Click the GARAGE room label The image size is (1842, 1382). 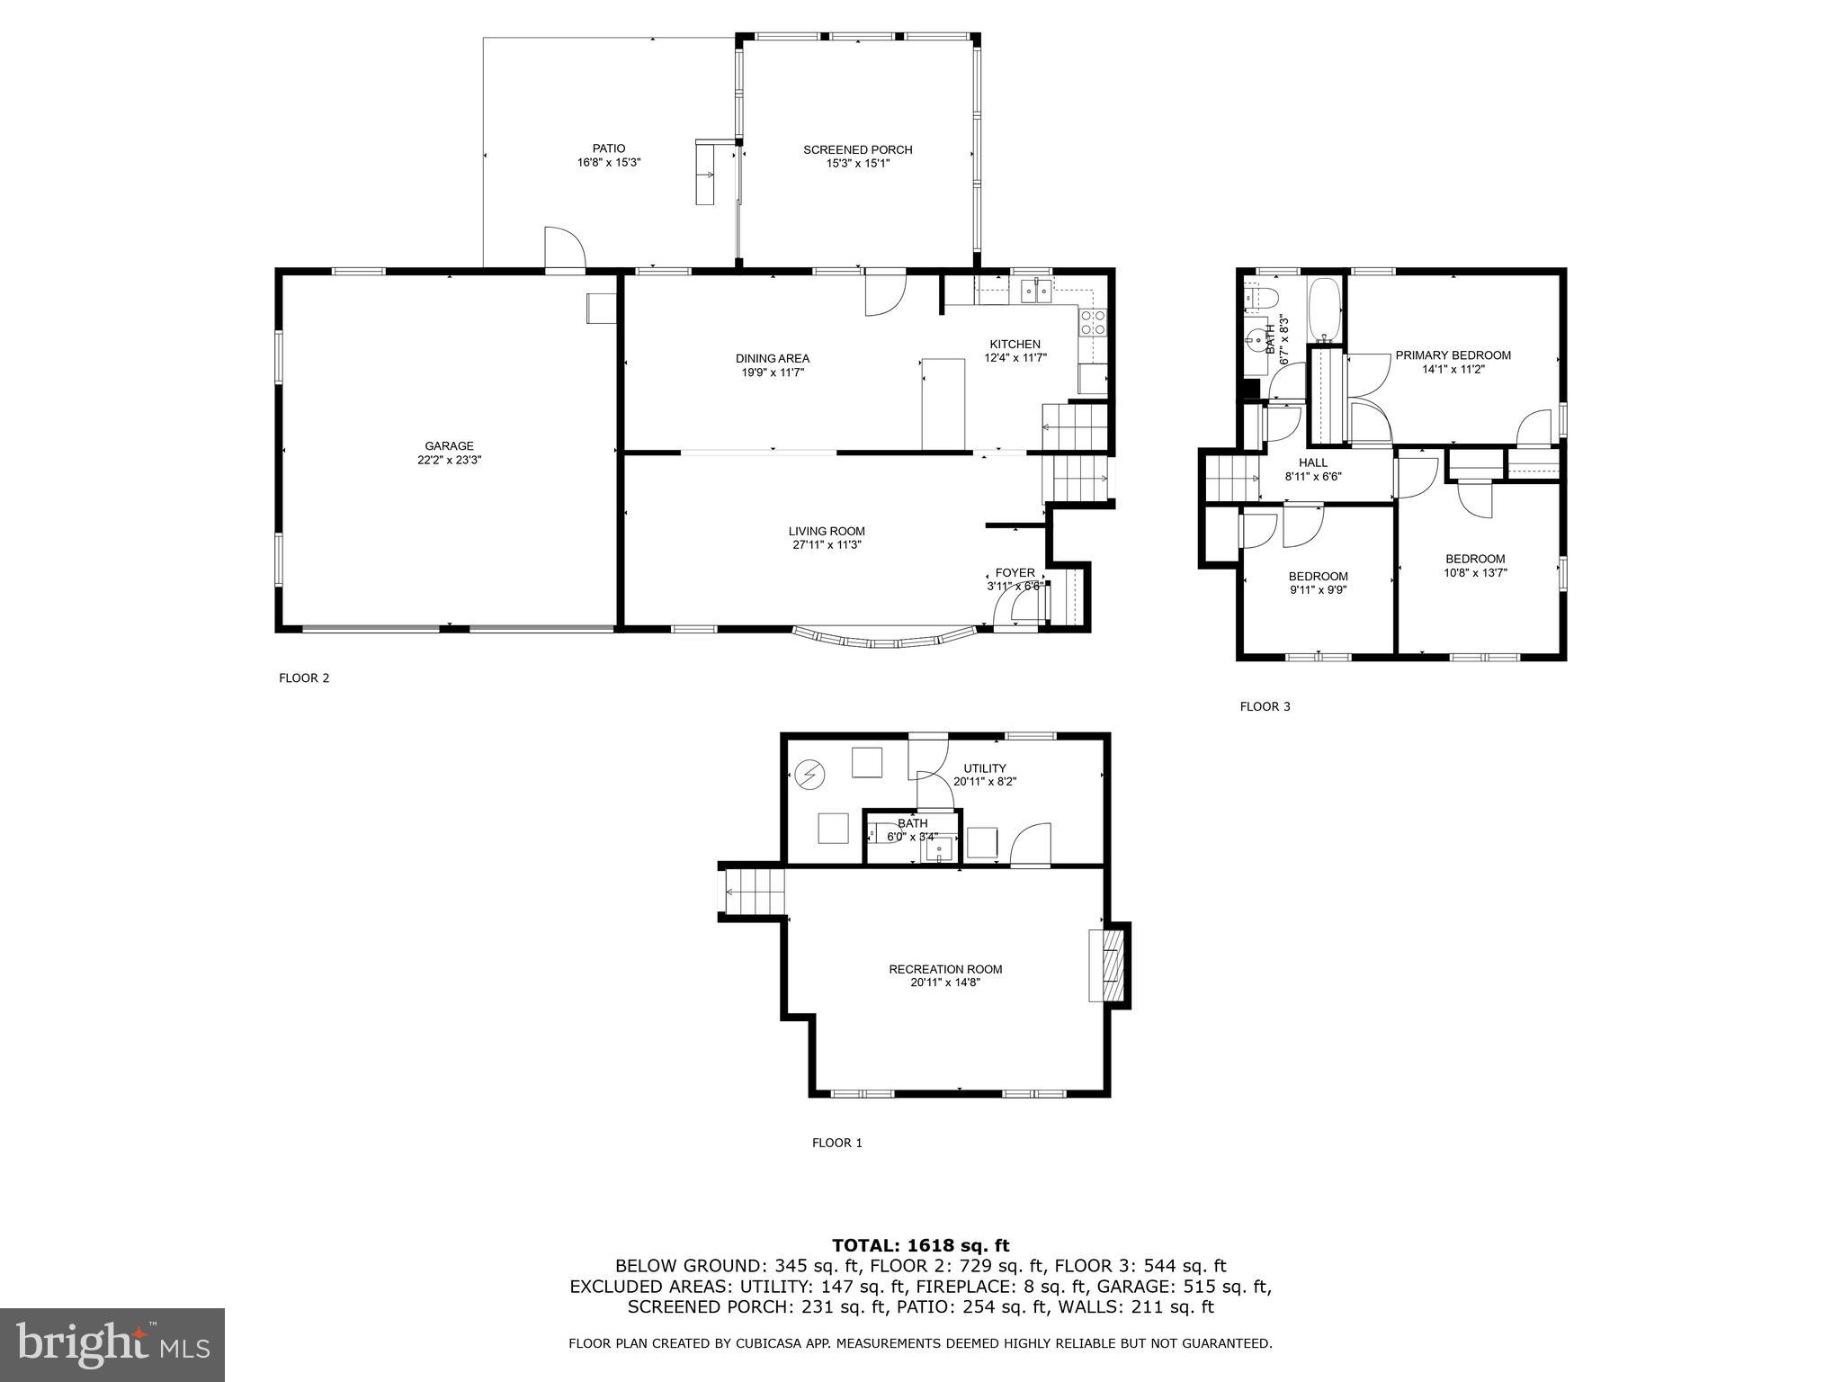coord(449,446)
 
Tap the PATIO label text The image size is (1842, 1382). coord(608,148)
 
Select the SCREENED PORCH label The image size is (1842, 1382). coord(857,149)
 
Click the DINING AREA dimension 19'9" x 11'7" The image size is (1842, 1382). coord(772,372)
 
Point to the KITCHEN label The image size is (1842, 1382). coord(1015,344)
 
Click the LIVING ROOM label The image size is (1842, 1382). coord(827,531)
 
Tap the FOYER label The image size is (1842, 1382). coord(1015,573)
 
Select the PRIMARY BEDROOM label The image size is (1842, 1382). coord(1453,355)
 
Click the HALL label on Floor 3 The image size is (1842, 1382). coord(1312,462)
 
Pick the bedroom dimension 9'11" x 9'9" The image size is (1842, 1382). coord(1318,590)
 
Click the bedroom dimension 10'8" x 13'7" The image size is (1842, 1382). coord(1475,572)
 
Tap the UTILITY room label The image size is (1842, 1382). coord(985,768)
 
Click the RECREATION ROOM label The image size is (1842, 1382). coord(945,969)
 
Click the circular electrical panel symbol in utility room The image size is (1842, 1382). coord(809,774)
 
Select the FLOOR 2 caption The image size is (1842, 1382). coord(304,678)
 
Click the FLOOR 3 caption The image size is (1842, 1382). coord(1265,706)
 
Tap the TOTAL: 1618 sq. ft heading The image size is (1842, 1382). coord(920,1245)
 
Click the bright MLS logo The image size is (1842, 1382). coord(112,1345)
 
